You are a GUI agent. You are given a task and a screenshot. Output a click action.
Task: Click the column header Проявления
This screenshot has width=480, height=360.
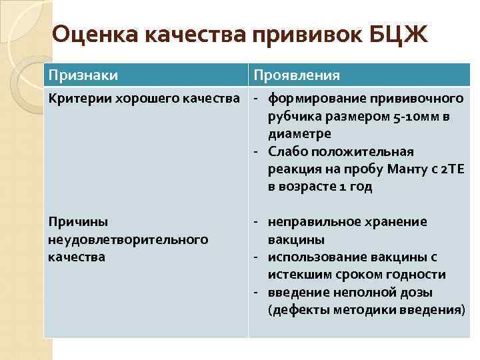click(x=294, y=75)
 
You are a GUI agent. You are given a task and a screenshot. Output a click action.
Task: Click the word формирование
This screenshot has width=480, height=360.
click(x=313, y=99)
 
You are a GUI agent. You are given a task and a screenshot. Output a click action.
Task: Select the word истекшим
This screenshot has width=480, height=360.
click(x=297, y=275)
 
